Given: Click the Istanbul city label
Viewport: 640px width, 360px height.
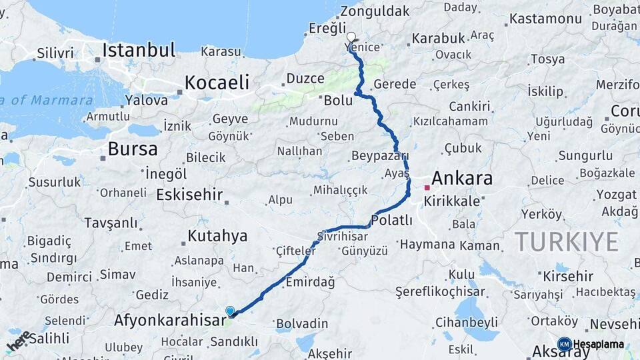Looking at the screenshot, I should click(x=139, y=50).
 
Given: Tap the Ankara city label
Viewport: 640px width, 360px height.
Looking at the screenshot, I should click(x=462, y=179).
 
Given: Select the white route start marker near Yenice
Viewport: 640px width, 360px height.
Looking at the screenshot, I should click(x=351, y=37).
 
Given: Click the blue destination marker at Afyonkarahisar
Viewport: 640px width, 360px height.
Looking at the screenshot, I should click(x=230, y=311).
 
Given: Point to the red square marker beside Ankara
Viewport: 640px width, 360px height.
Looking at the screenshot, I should click(x=427, y=187).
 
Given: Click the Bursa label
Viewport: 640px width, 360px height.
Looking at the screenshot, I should click(x=133, y=149).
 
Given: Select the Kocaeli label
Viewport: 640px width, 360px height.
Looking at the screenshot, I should click(x=217, y=83).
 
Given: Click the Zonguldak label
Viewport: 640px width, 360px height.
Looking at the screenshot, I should click(x=375, y=11).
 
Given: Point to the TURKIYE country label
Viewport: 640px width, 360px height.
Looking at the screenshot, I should click(x=566, y=241).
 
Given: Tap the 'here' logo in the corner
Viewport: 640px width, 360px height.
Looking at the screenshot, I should click(x=19, y=341).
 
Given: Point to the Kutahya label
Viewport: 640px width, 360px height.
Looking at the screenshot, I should click(x=217, y=236).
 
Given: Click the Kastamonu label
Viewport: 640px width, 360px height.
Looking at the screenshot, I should click(x=545, y=19).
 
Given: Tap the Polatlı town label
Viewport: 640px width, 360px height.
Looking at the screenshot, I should click(x=392, y=221).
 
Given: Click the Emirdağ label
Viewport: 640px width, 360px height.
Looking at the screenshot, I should click(x=310, y=283).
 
